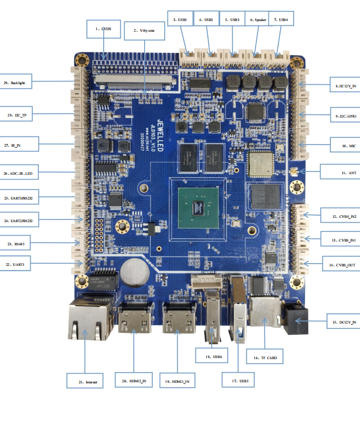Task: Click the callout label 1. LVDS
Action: point(103,29)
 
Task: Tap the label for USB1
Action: point(180,19)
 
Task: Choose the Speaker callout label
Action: point(257,19)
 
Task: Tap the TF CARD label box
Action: point(264,357)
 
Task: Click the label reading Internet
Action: point(86,382)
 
